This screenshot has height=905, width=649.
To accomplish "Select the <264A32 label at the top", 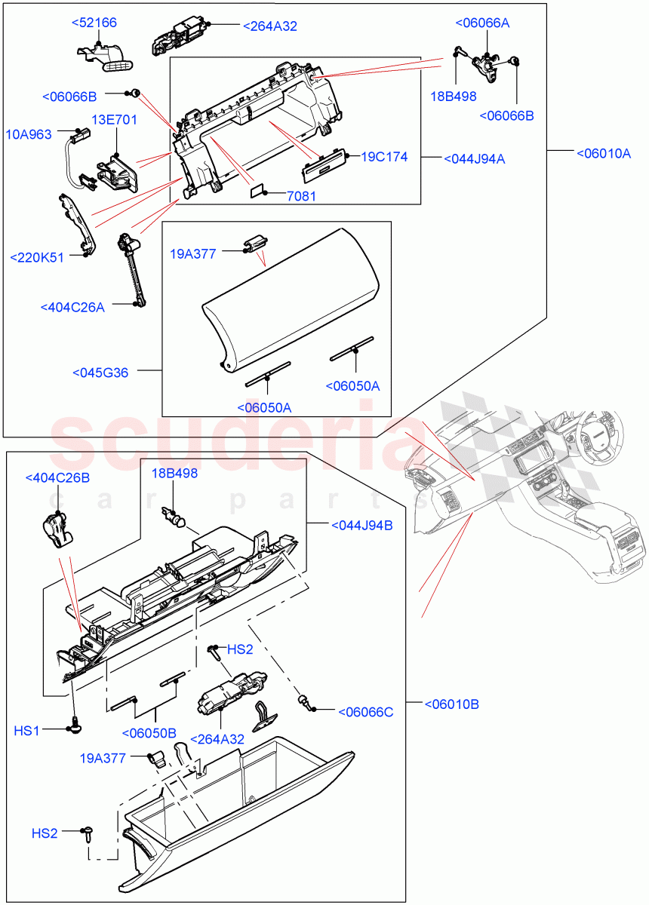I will pos(269,26).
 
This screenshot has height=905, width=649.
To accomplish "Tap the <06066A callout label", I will pos(482,23).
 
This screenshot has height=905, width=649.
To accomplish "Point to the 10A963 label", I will pos(29,134).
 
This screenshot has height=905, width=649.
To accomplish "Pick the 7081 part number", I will pos(301,196).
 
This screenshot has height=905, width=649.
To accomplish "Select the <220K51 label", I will pos(37,257).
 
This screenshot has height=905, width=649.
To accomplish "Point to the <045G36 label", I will pos(100,373).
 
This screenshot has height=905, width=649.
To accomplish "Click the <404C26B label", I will pos(57,477).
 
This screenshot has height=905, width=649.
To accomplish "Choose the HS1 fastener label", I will pos(27,731).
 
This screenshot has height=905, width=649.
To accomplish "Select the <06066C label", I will pos(365,711).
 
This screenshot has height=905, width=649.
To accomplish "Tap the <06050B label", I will pos(149,732).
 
